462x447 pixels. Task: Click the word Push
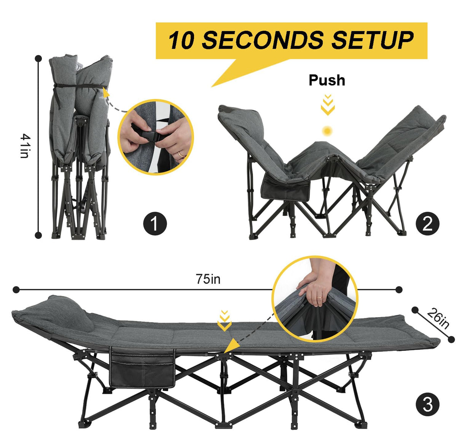click(327, 81)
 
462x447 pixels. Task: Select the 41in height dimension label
click(25, 146)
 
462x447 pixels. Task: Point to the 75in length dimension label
click(208, 279)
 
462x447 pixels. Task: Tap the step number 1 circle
click(155, 224)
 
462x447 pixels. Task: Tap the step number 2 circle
click(428, 224)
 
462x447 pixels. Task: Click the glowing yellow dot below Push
click(327, 131)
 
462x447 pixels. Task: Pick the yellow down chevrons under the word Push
click(327, 105)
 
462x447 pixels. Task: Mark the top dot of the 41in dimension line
click(38, 58)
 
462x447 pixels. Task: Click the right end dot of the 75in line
click(399, 290)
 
